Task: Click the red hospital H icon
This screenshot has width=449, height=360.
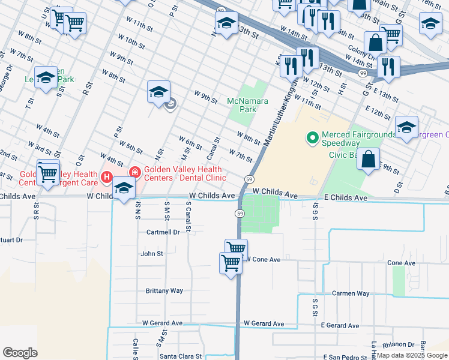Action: click(107, 177)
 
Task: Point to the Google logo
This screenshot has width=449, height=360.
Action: click(20, 353)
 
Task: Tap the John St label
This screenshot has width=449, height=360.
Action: click(152, 254)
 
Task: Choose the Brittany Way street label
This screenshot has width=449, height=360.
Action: click(164, 290)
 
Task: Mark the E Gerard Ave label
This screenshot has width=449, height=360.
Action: click(340, 325)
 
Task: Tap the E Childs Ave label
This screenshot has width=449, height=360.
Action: click(345, 197)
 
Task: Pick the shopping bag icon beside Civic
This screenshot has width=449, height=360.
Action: click(368, 159)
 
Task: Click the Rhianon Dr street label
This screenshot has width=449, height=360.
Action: click(394, 344)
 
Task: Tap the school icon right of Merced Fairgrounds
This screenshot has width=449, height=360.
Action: click(406, 127)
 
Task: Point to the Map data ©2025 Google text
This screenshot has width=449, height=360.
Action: click(411, 355)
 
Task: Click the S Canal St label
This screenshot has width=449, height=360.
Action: click(188, 217)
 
